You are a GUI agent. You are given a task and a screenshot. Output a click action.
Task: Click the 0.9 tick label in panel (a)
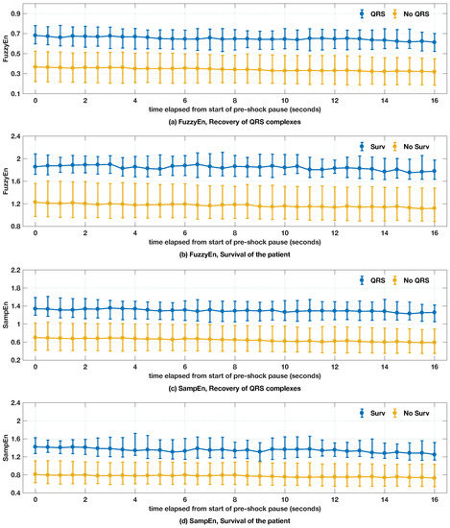[x=16, y=13]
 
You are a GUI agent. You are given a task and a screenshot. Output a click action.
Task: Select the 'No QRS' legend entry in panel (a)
[x=411, y=13]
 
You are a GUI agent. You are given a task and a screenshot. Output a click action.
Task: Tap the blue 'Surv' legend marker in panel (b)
[x=362, y=147]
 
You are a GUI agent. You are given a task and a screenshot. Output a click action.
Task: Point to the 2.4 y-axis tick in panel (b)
[x=16, y=136]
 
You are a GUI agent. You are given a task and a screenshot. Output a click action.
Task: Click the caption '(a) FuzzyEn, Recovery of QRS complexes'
[x=234, y=122]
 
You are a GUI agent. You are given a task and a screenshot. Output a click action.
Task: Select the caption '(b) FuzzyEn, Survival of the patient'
[x=234, y=254]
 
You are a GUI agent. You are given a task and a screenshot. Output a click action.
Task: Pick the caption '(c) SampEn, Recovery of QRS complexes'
[x=234, y=388]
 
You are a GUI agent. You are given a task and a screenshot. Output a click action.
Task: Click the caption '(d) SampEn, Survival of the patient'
[x=234, y=521]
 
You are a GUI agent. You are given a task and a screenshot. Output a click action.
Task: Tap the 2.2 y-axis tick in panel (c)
[x=16, y=270]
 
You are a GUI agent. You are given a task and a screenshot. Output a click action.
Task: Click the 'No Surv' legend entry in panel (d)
[x=411, y=413]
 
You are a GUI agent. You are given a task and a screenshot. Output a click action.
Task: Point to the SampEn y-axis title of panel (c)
[x=5, y=315]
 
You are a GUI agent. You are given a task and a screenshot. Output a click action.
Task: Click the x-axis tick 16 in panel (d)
[x=435, y=500]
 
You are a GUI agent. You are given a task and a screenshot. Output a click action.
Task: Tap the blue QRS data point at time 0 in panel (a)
[x=36, y=36]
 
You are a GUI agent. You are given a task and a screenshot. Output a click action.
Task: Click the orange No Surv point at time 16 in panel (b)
[x=435, y=208]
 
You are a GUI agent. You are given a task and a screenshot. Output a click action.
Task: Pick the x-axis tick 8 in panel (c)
[x=235, y=367]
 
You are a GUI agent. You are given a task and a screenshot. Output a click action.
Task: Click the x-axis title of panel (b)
[x=234, y=242]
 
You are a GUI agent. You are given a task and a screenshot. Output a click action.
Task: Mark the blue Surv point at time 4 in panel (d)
[x=135, y=450]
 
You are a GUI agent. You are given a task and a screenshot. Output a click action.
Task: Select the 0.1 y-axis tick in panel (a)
[x=16, y=94]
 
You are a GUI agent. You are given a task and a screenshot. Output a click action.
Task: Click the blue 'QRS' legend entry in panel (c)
[x=372, y=280]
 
